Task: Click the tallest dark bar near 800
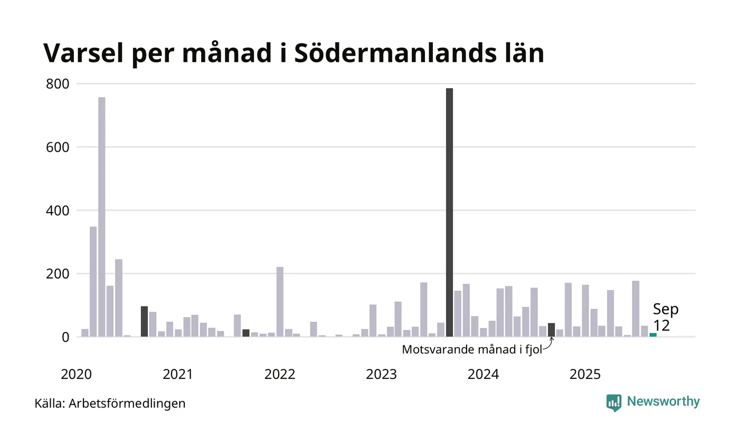pos(449,211)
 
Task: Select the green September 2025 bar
pos(653,335)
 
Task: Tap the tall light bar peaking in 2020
pos(102,217)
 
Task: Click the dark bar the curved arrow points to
pos(551,330)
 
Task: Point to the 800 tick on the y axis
pos(58,84)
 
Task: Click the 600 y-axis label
pos(58,147)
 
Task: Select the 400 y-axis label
pos(58,211)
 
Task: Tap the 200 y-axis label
pos(58,274)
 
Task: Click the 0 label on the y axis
pos(65,337)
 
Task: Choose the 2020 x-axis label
pos(77,375)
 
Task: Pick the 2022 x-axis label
pos(280,375)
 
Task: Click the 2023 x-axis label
pos(382,375)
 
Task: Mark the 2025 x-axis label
pos(585,375)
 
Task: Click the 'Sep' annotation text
pos(666,309)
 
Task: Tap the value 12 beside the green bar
pos(661,326)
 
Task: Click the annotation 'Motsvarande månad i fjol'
pos(472,350)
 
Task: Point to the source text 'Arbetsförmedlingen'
pos(127,404)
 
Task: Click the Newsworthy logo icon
pos(614,403)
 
